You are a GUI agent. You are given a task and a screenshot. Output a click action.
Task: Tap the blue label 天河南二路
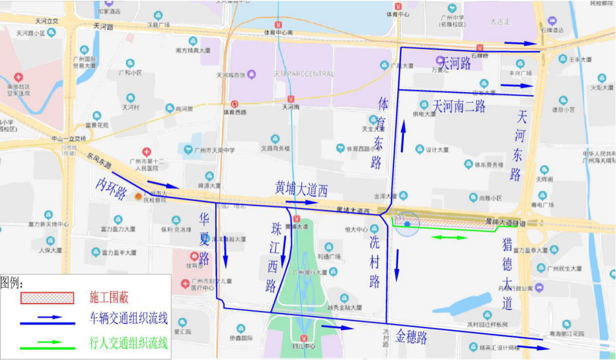459,106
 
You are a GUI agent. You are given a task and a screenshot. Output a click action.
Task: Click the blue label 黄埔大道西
301,189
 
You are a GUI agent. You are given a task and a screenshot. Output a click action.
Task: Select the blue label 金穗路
411,337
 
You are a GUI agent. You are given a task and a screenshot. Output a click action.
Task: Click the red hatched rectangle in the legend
47,298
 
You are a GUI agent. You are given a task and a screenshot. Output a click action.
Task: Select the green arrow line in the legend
47,344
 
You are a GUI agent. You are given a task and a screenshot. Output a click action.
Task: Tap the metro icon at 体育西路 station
235,104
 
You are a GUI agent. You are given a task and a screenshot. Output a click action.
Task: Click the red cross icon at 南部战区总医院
19,77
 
